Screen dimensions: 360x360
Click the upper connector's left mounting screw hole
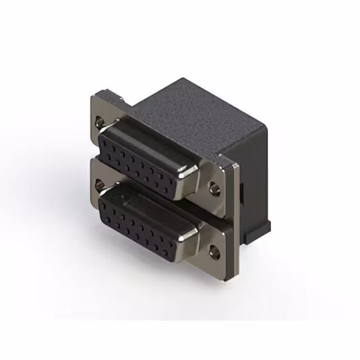[x=100, y=120]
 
